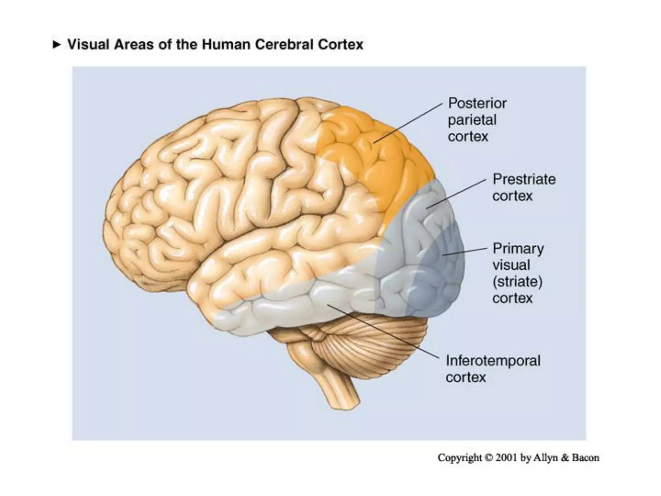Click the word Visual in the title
point(88,45)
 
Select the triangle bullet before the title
point(56,44)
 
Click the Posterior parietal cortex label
point(477,120)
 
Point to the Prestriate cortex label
point(524,188)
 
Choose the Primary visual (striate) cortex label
point(518,273)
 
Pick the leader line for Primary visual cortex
point(465,252)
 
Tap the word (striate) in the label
point(517,282)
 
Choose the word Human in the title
point(226,45)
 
